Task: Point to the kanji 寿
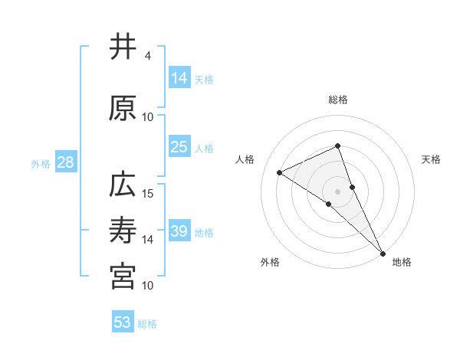[122, 231]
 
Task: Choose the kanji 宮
[122, 277]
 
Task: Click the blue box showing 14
[179, 78]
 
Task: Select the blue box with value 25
[179, 147]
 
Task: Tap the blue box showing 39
[179, 231]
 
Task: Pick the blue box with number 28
[65, 162]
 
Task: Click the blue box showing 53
[123, 322]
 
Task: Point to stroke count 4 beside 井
[148, 56]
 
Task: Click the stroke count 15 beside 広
[148, 194]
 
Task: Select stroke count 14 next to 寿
[148, 240]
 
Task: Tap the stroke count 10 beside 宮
[148, 286]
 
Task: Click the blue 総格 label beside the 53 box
[148, 324]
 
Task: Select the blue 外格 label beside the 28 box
[41, 163]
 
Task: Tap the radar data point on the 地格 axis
[382, 251]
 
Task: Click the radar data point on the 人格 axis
[280, 172]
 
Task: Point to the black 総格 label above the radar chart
[338, 100]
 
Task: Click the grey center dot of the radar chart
[338, 191]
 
